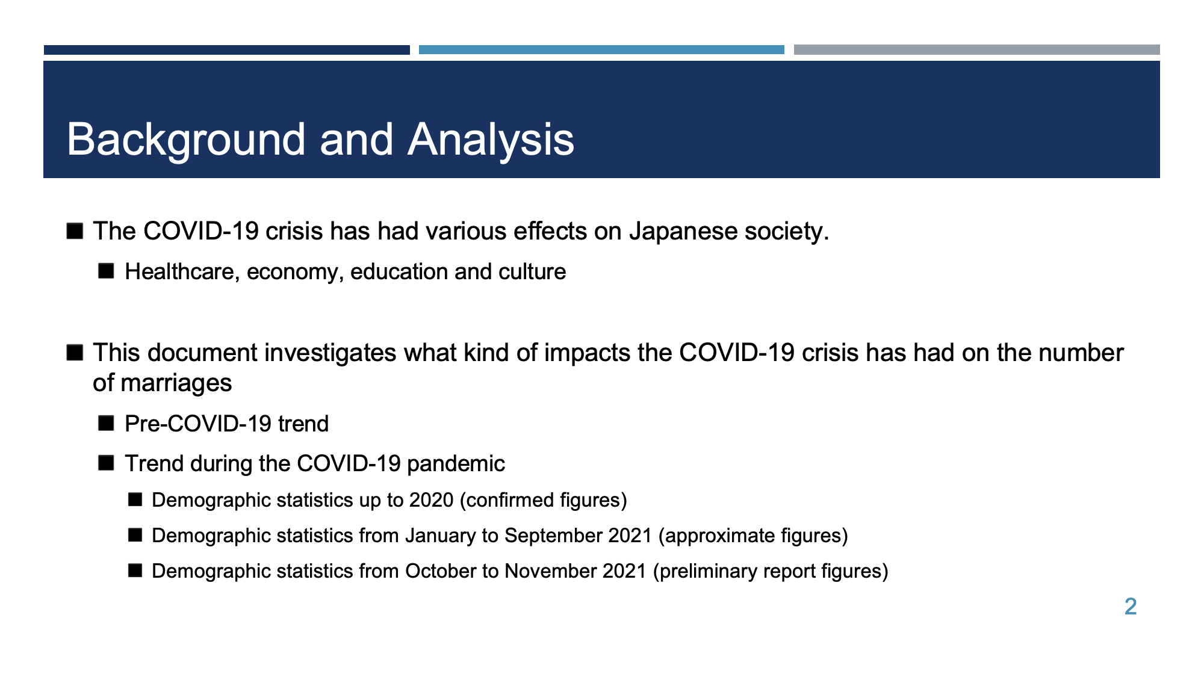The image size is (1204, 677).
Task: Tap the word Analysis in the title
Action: click(x=491, y=140)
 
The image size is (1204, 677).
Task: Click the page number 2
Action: click(x=1131, y=607)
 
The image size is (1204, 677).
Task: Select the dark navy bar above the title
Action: click(x=227, y=50)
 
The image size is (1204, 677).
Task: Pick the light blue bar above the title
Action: click(x=601, y=50)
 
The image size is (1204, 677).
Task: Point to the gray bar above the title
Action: click(x=977, y=50)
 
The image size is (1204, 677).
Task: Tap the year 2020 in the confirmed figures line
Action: click(x=431, y=500)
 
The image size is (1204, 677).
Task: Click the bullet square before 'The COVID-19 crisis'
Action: click(x=75, y=231)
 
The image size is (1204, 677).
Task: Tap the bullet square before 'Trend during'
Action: click(x=106, y=463)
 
